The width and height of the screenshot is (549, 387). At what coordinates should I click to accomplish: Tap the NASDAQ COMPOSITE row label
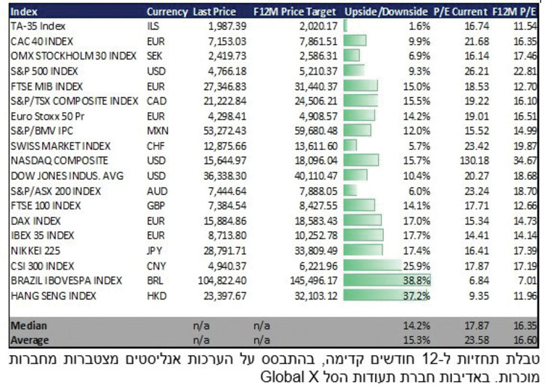click(59, 160)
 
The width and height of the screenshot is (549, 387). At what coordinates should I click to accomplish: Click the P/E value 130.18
click(469, 160)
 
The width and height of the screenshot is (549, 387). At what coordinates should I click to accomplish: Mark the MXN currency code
click(157, 130)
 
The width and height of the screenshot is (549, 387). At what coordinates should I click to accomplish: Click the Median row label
click(28, 325)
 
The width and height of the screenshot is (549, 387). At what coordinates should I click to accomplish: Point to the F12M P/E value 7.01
click(526, 280)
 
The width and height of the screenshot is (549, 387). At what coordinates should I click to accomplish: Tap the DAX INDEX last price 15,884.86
click(224, 220)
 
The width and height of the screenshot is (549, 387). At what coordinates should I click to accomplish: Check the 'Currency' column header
click(167, 12)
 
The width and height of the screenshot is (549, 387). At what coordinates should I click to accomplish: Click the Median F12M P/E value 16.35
click(523, 325)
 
